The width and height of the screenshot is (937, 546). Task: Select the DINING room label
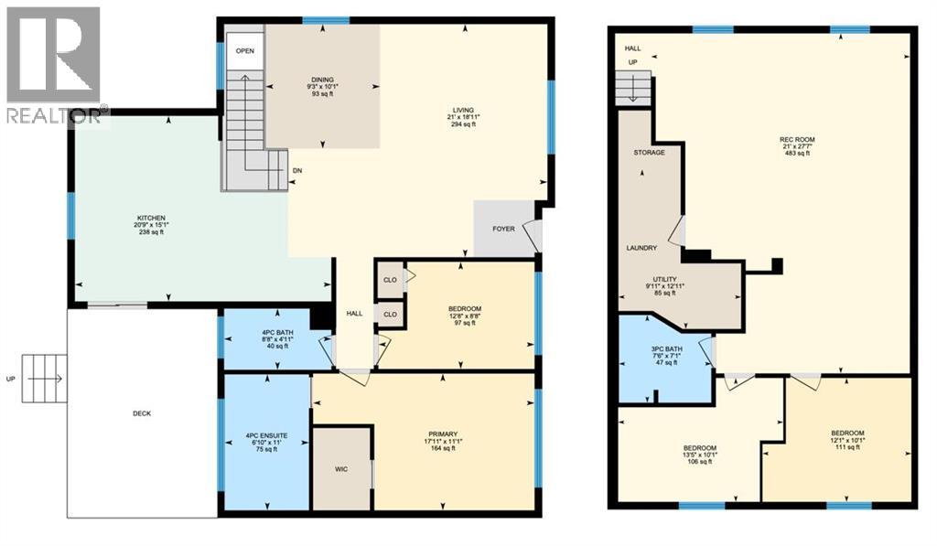pyautogui.click(x=320, y=79)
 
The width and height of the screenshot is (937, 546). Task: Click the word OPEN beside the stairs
pyautogui.click(x=244, y=51)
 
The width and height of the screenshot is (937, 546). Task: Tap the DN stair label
pyautogui.click(x=297, y=171)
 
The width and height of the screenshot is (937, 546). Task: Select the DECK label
pyautogui.click(x=141, y=413)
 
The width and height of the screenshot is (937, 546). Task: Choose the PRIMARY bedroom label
pyautogui.click(x=442, y=434)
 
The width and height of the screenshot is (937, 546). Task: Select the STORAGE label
pyautogui.click(x=650, y=153)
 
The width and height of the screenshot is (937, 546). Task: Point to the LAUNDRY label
pyautogui.click(x=642, y=248)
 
